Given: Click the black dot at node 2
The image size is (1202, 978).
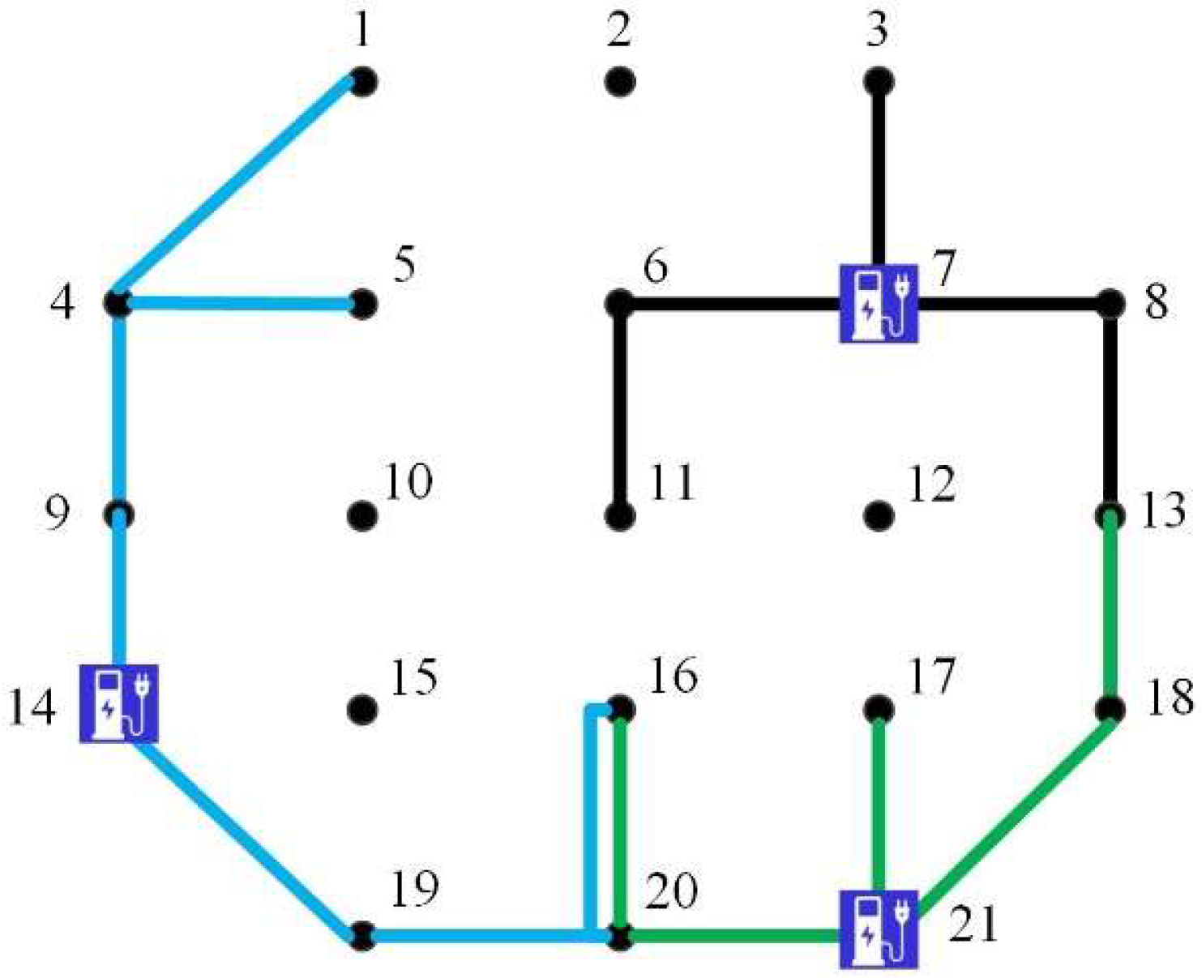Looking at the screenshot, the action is (620, 82).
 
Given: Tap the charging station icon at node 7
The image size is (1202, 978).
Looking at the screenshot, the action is (879, 303).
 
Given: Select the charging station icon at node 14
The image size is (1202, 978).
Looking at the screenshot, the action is (118, 703).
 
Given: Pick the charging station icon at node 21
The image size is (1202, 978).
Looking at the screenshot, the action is (879, 929).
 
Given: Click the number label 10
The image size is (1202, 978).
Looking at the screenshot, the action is (407, 481).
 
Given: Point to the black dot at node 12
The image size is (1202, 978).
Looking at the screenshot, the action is (879, 515).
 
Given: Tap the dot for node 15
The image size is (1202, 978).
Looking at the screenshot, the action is (362, 710).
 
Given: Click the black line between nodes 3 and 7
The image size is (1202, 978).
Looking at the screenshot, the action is (879, 174).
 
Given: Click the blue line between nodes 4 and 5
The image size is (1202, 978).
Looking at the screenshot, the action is (239, 304).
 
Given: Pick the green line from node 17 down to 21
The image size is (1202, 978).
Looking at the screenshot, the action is (879, 802).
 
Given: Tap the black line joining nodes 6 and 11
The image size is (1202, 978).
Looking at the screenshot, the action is (620, 409).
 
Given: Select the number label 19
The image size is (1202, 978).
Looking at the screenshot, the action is (414, 889).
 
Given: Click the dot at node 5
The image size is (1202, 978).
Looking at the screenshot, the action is (362, 304).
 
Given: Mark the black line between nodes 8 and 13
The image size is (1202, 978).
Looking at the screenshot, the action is (1110, 409).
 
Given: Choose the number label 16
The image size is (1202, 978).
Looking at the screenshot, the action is (673, 675).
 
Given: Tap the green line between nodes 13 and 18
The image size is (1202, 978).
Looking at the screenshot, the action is (1110, 612).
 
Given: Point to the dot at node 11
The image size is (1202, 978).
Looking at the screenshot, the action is (620, 515).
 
